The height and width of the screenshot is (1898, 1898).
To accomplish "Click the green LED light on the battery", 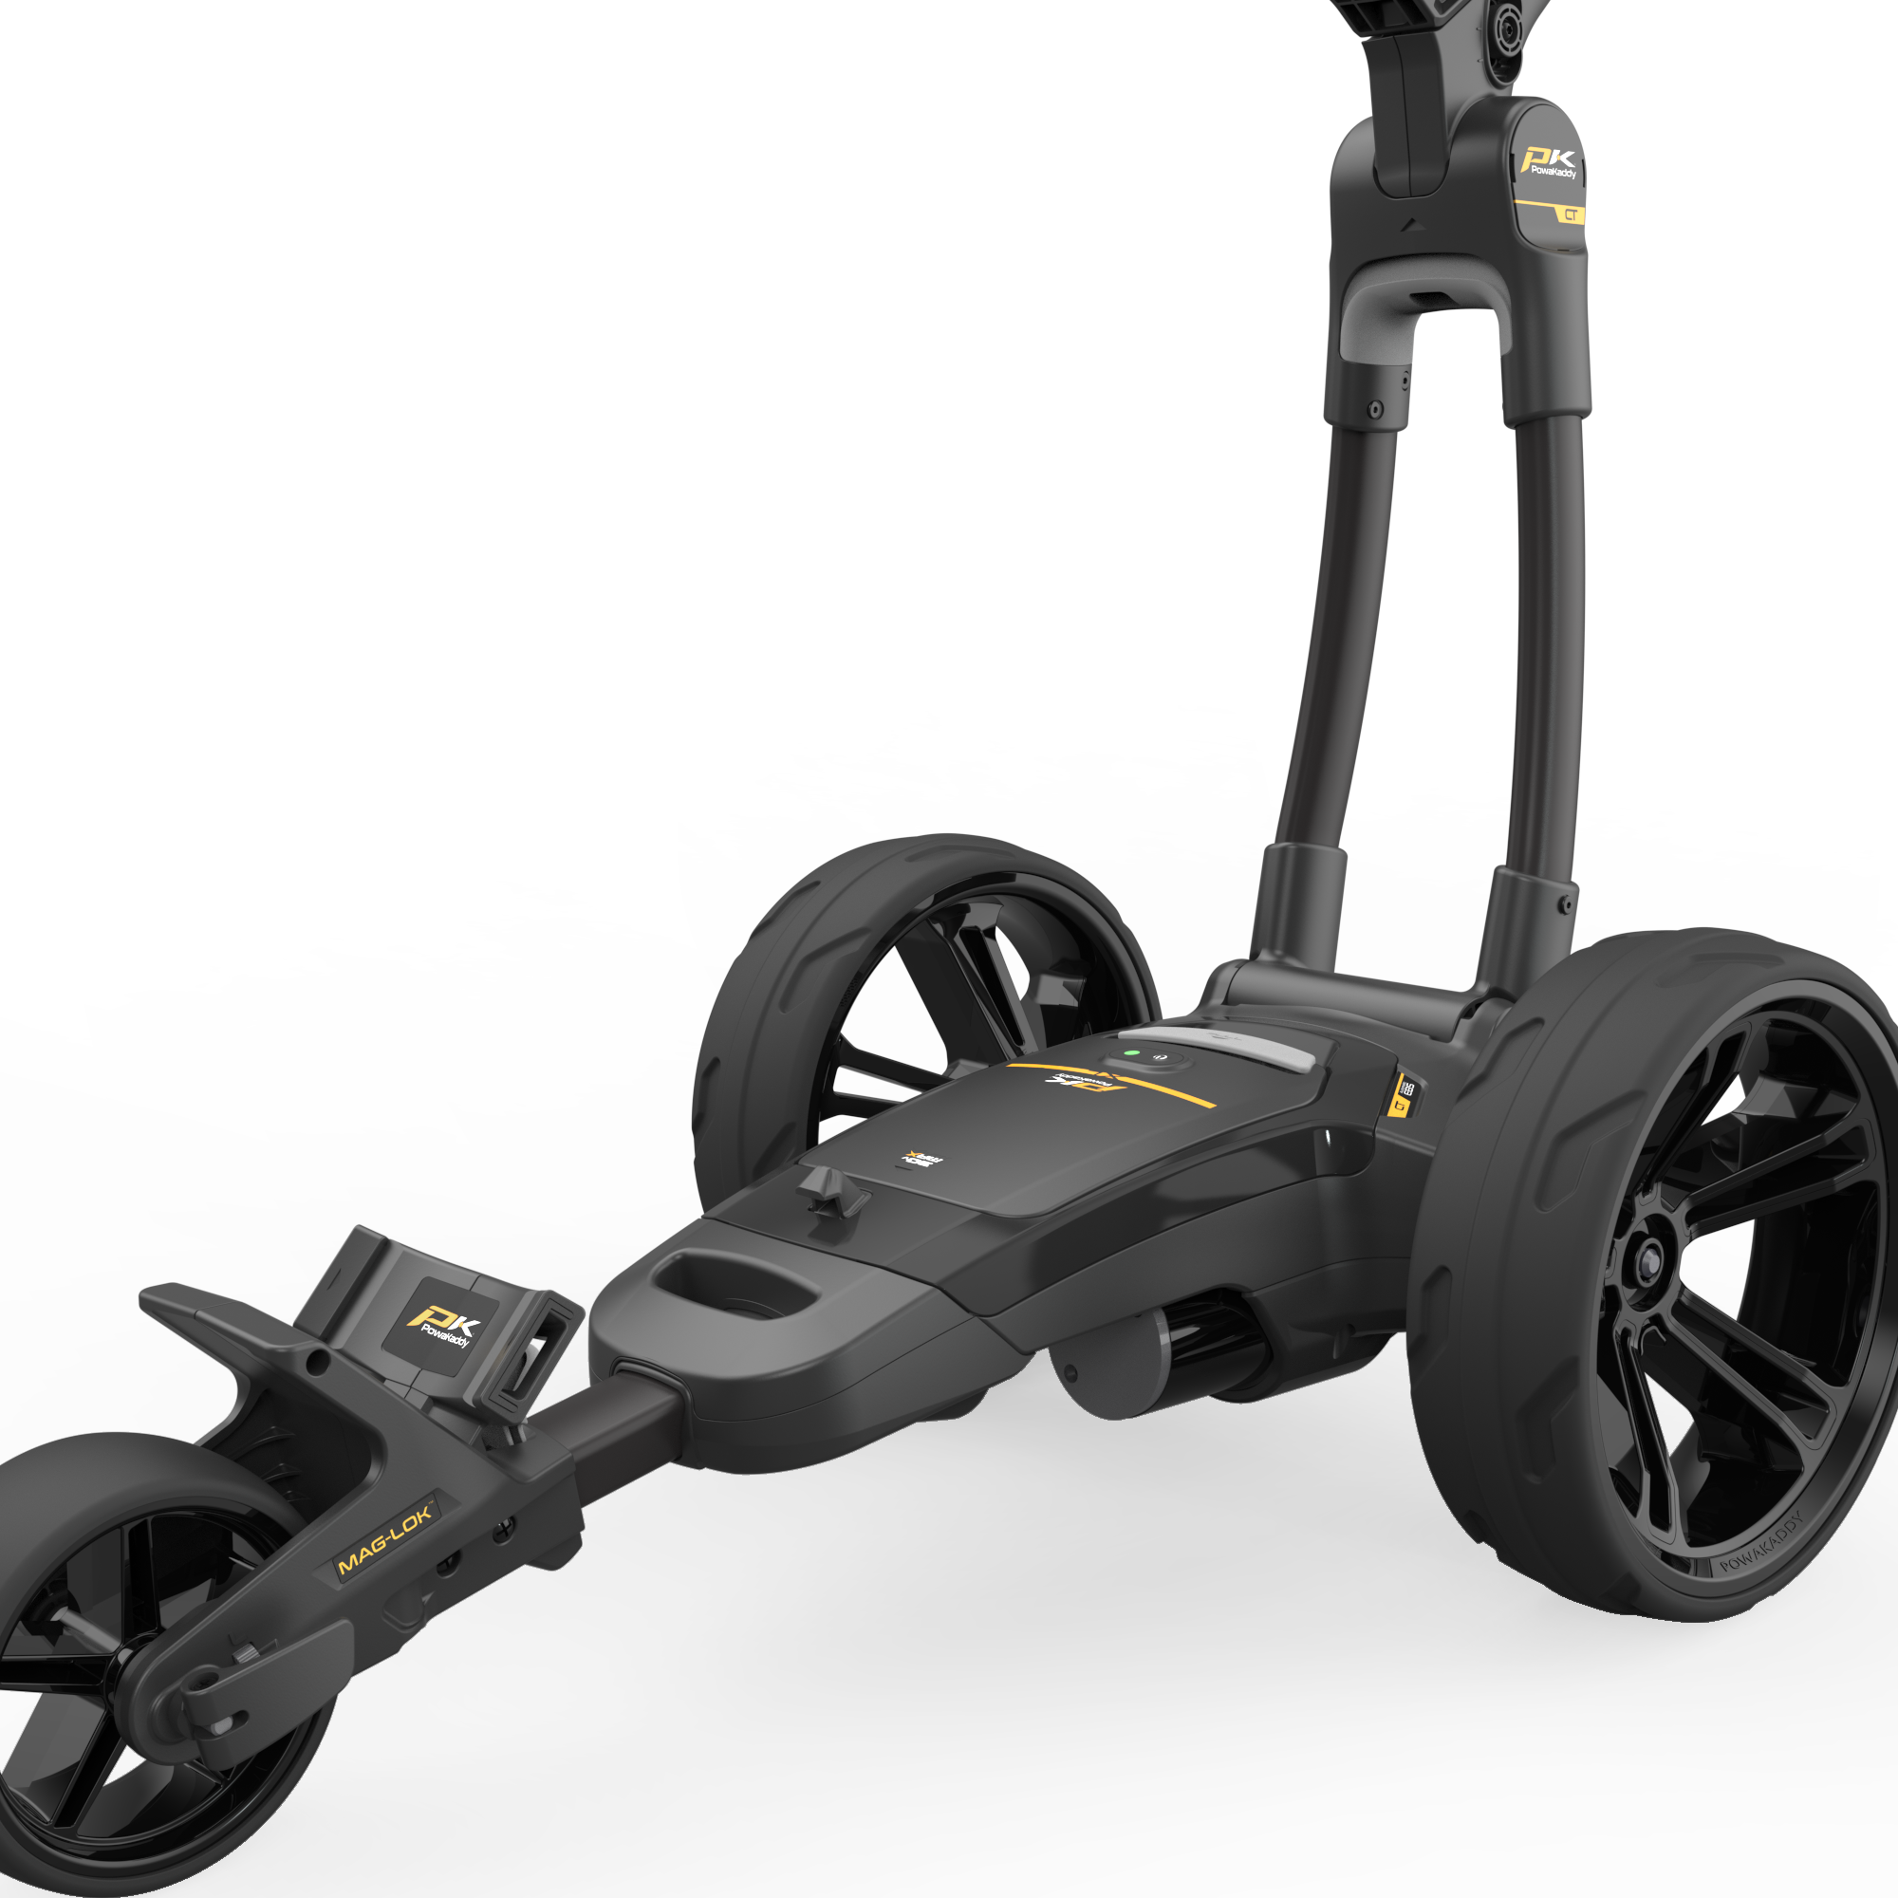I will coord(1132,1053).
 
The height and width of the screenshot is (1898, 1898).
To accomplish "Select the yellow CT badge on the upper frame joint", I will coord(1572,214).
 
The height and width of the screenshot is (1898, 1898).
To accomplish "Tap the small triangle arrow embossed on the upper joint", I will coord(1413,224).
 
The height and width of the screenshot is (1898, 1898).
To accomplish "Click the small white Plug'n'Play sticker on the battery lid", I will coord(921,1160).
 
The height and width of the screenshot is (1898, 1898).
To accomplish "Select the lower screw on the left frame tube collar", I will coord(1375,408).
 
